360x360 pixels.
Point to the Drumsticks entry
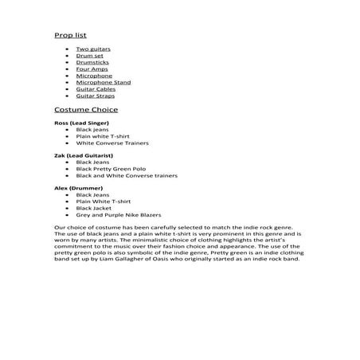92,62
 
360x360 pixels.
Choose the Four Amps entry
92,69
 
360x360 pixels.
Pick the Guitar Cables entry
94,89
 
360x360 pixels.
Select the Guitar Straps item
95,96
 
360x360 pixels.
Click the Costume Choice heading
85,110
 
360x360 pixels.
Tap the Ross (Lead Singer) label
82,123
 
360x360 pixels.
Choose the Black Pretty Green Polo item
110,169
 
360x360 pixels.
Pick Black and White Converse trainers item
126,175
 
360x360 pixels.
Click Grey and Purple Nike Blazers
118,214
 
